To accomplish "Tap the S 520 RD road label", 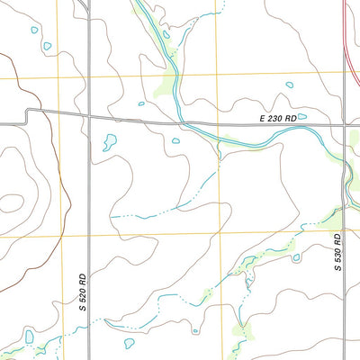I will (x=81, y=292).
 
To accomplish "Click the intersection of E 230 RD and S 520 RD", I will (x=88, y=115).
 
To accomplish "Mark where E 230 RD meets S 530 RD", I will (x=346, y=126).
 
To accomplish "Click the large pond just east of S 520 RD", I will (x=111, y=141).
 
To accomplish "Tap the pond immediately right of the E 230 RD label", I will (x=301, y=116).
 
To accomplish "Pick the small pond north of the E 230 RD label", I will (x=290, y=85).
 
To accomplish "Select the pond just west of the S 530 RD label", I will (x=296, y=258).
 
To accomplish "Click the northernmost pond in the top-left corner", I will (x=34, y=30).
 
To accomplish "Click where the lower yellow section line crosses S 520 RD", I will (x=88, y=236).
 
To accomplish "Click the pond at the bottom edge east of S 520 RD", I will (x=129, y=343).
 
